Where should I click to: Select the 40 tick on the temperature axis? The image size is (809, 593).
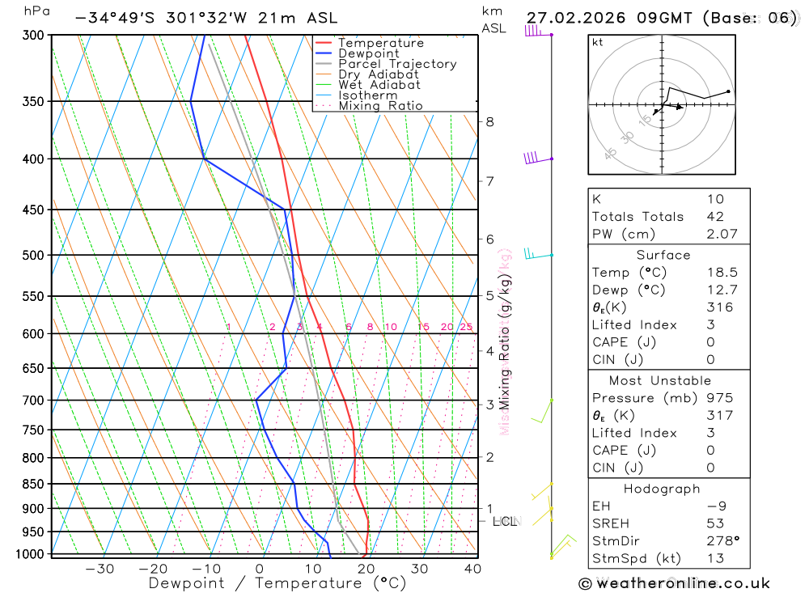[472, 569]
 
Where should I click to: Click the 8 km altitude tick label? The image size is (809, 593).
[489, 122]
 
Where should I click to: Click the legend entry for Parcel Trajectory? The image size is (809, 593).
[397, 64]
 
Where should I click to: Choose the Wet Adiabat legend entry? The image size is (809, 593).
[379, 85]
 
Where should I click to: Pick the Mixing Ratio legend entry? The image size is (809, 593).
[380, 106]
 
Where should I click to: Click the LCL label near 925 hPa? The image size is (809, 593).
[505, 522]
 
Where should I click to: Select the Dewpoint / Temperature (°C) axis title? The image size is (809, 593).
[277, 583]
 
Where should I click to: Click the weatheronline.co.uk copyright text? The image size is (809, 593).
[675, 583]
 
